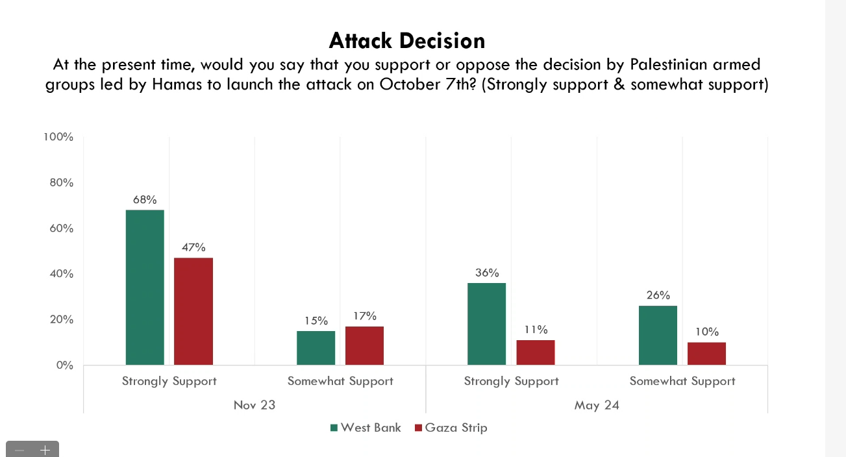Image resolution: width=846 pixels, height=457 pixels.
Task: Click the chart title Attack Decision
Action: point(406,40)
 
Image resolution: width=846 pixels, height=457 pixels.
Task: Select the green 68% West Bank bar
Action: point(145,288)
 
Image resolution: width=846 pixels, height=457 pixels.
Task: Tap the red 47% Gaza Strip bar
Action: point(193,311)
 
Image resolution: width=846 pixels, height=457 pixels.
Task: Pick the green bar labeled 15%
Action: point(316,348)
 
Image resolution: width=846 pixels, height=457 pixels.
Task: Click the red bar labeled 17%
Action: point(364,345)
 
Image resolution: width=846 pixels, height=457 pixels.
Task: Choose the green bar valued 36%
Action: point(486,324)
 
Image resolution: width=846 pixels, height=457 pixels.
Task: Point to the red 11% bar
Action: point(536,352)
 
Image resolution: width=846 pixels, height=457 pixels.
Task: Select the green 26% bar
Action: point(658,336)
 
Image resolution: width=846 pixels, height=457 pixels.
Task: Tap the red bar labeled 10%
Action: point(706,354)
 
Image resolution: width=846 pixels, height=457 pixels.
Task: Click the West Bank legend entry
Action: point(366,428)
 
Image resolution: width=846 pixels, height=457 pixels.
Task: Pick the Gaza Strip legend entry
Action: point(451,428)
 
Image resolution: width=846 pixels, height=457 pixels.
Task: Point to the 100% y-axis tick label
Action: point(58,137)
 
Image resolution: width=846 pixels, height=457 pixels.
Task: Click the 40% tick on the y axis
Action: point(61,274)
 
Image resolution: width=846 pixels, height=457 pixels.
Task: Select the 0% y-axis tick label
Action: point(64,365)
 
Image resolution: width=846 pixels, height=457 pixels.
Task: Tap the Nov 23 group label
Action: point(255,405)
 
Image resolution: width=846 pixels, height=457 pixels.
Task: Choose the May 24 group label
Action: point(597,405)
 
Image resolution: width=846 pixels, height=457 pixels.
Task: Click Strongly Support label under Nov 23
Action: point(169,381)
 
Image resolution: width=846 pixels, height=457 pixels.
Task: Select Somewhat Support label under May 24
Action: point(682,381)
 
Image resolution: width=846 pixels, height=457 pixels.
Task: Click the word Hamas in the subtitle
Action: point(177,84)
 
